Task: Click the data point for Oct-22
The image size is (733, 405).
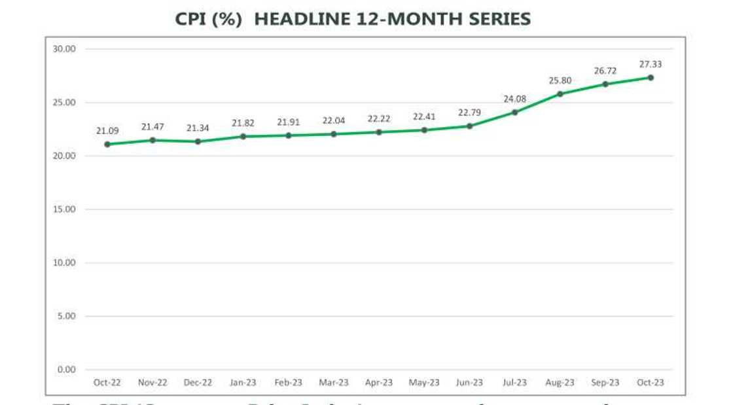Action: pos(107,144)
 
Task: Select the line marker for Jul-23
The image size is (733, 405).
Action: pos(514,112)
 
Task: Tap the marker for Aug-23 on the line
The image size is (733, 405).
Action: pos(560,94)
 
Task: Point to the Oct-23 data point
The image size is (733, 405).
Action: pos(651,77)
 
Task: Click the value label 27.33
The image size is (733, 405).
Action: pos(651,64)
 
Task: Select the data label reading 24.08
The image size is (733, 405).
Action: pos(514,99)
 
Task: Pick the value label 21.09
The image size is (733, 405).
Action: pos(107,131)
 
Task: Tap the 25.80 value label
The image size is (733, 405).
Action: pos(560,81)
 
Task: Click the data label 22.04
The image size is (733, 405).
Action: pos(333,121)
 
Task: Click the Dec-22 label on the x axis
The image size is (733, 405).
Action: pos(197,383)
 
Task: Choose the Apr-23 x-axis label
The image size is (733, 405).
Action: pos(378,383)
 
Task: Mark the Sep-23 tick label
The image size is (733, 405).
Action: pos(605,383)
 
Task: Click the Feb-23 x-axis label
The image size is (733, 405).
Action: pos(288,383)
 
